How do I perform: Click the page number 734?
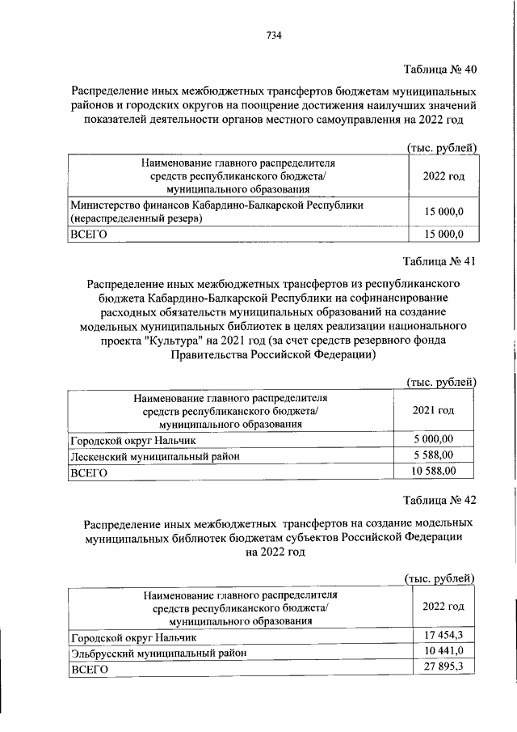click(x=273, y=35)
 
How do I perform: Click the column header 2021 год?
click(x=433, y=411)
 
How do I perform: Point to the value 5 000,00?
click(x=434, y=439)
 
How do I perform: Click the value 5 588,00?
click(x=434, y=455)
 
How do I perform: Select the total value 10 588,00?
click(x=434, y=471)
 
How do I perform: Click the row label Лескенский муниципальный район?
click(x=154, y=456)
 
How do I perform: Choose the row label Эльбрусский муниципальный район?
click(x=158, y=653)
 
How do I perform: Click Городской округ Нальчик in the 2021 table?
click(x=133, y=440)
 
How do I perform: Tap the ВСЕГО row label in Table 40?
click(x=89, y=235)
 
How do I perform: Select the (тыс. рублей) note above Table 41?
click(x=440, y=382)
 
